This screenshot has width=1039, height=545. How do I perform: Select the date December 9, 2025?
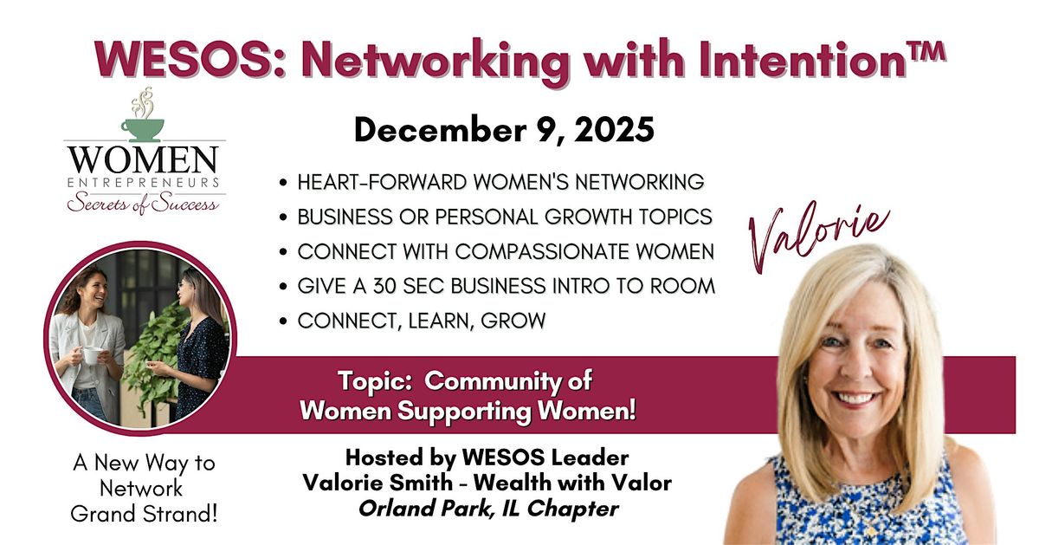point(503,130)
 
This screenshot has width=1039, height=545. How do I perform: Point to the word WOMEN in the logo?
point(144,160)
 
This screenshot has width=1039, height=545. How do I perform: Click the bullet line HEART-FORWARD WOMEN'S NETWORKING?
point(500,183)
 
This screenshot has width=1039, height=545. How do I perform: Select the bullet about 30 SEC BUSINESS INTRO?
point(506,286)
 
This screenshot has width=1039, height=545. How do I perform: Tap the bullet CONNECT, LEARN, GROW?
point(422,321)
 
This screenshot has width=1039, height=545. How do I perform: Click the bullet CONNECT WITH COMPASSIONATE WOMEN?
point(506,251)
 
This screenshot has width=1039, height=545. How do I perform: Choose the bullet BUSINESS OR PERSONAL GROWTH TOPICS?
point(505,217)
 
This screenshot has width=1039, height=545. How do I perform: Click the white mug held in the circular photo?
point(91,354)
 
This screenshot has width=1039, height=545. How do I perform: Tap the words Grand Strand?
point(144,513)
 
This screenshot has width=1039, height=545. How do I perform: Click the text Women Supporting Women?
point(468,411)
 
